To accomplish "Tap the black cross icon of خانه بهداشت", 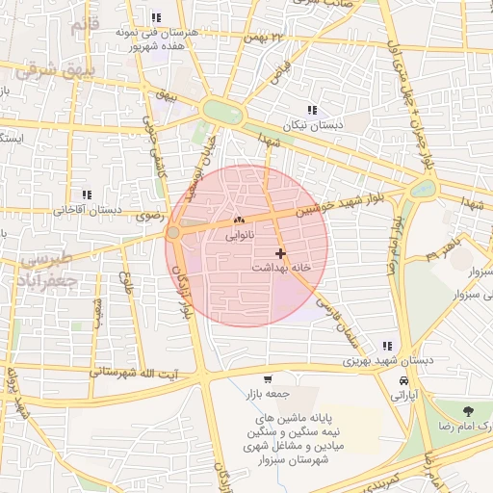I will pos(280,253).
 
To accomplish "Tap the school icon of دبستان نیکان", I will pos(311,111).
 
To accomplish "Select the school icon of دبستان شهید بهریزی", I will pos(387,347).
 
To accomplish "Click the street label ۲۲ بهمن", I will pos(267,37).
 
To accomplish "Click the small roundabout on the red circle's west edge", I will pos(173,233).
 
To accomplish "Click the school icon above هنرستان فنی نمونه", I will pos(156,17).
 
